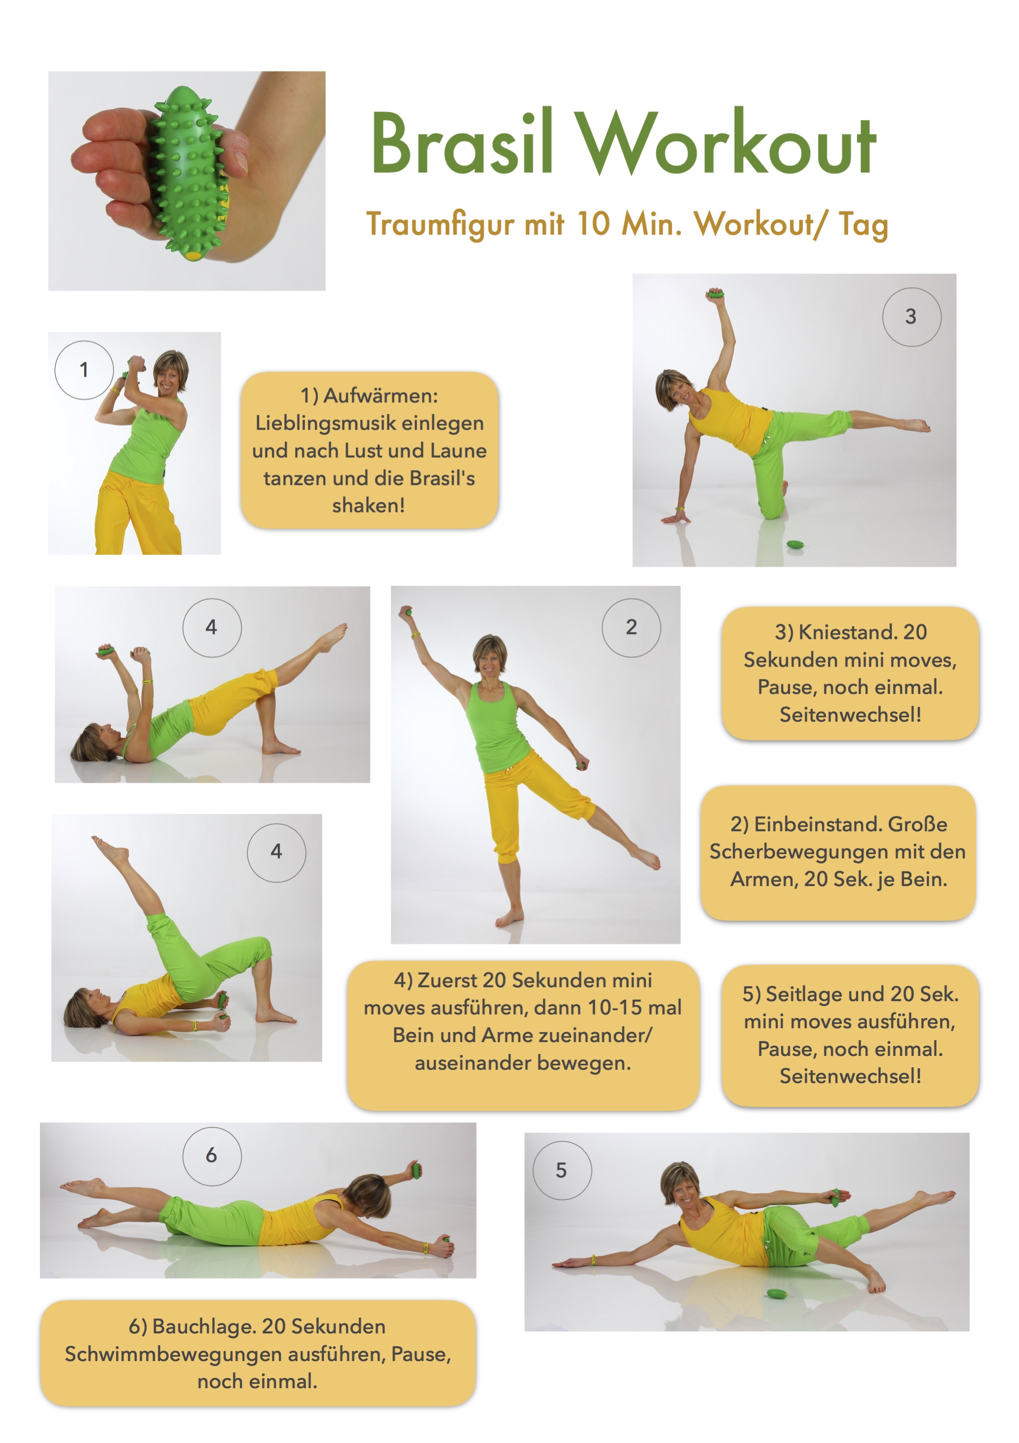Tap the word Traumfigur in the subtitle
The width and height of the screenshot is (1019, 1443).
440,224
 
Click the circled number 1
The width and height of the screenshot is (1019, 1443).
84,370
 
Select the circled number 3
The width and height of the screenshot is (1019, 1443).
911,317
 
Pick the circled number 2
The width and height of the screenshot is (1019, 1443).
631,627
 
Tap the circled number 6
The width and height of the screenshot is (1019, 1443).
212,1155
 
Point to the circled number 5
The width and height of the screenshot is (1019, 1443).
562,1170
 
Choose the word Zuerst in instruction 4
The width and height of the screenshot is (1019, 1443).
447,980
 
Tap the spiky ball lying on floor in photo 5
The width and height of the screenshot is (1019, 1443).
777,1293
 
